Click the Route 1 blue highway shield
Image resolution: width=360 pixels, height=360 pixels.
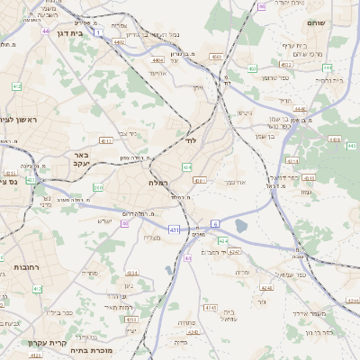(96, 32)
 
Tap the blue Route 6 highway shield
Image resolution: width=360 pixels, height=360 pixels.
(215, 222)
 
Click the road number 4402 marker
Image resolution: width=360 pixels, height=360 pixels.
(120, 41)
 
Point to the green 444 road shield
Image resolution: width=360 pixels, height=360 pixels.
(327, 67)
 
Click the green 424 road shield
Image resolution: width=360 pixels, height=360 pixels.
(222, 241)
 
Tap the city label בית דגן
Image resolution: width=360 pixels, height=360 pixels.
(70, 32)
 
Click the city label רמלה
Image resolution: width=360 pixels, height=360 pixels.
(158, 182)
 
